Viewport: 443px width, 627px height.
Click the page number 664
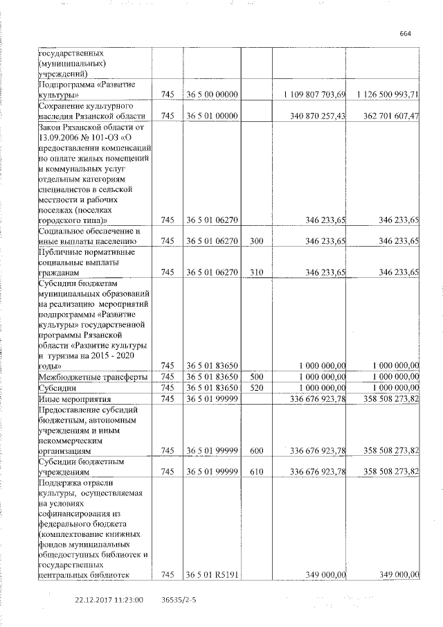coord(406,33)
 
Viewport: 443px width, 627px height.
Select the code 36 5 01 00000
coord(213,116)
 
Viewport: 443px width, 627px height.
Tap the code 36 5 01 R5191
coord(213,574)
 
